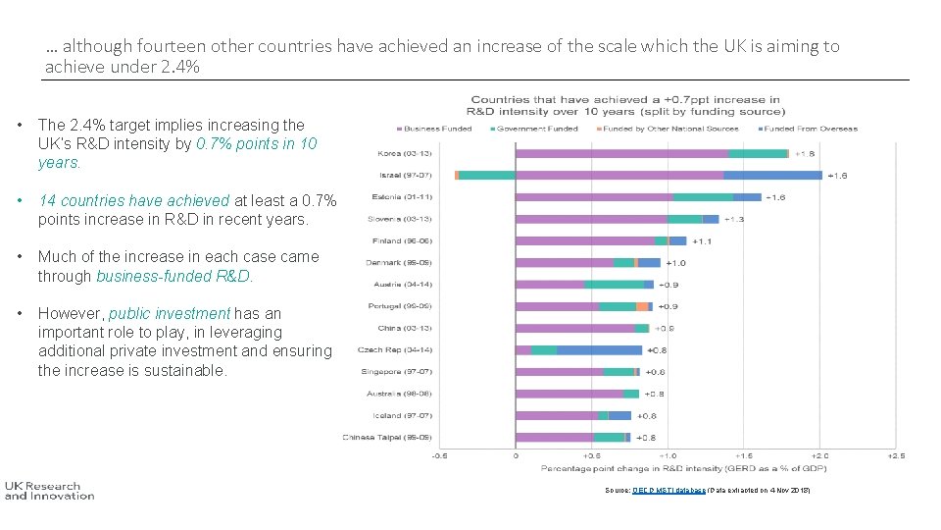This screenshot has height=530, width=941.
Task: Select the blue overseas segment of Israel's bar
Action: (x=772, y=175)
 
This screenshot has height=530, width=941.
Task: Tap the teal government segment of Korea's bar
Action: (x=758, y=153)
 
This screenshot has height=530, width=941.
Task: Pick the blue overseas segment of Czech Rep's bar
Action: (x=599, y=349)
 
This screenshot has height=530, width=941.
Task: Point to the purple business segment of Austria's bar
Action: (x=550, y=285)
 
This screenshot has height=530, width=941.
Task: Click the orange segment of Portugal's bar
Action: (x=641, y=306)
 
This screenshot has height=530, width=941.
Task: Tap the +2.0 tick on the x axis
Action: (x=819, y=456)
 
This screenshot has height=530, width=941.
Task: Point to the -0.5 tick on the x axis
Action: (x=440, y=456)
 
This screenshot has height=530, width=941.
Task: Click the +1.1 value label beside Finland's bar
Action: (x=703, y=240)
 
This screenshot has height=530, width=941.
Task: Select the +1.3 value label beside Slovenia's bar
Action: (x=733, y=219)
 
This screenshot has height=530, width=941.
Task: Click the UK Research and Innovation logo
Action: (x=49, y=490)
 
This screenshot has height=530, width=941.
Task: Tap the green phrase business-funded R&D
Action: (x=173, y=276)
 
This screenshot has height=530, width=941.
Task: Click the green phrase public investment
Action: (x=169, y=314)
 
